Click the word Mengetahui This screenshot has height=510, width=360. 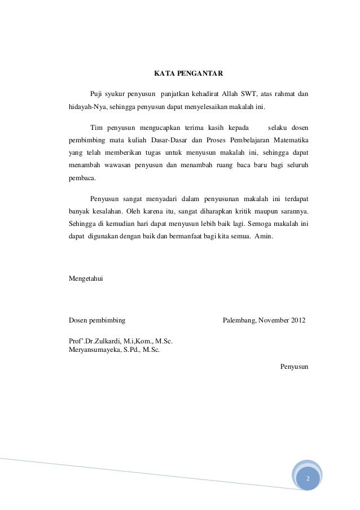coord(86,278)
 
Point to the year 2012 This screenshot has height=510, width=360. coord(298,320)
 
